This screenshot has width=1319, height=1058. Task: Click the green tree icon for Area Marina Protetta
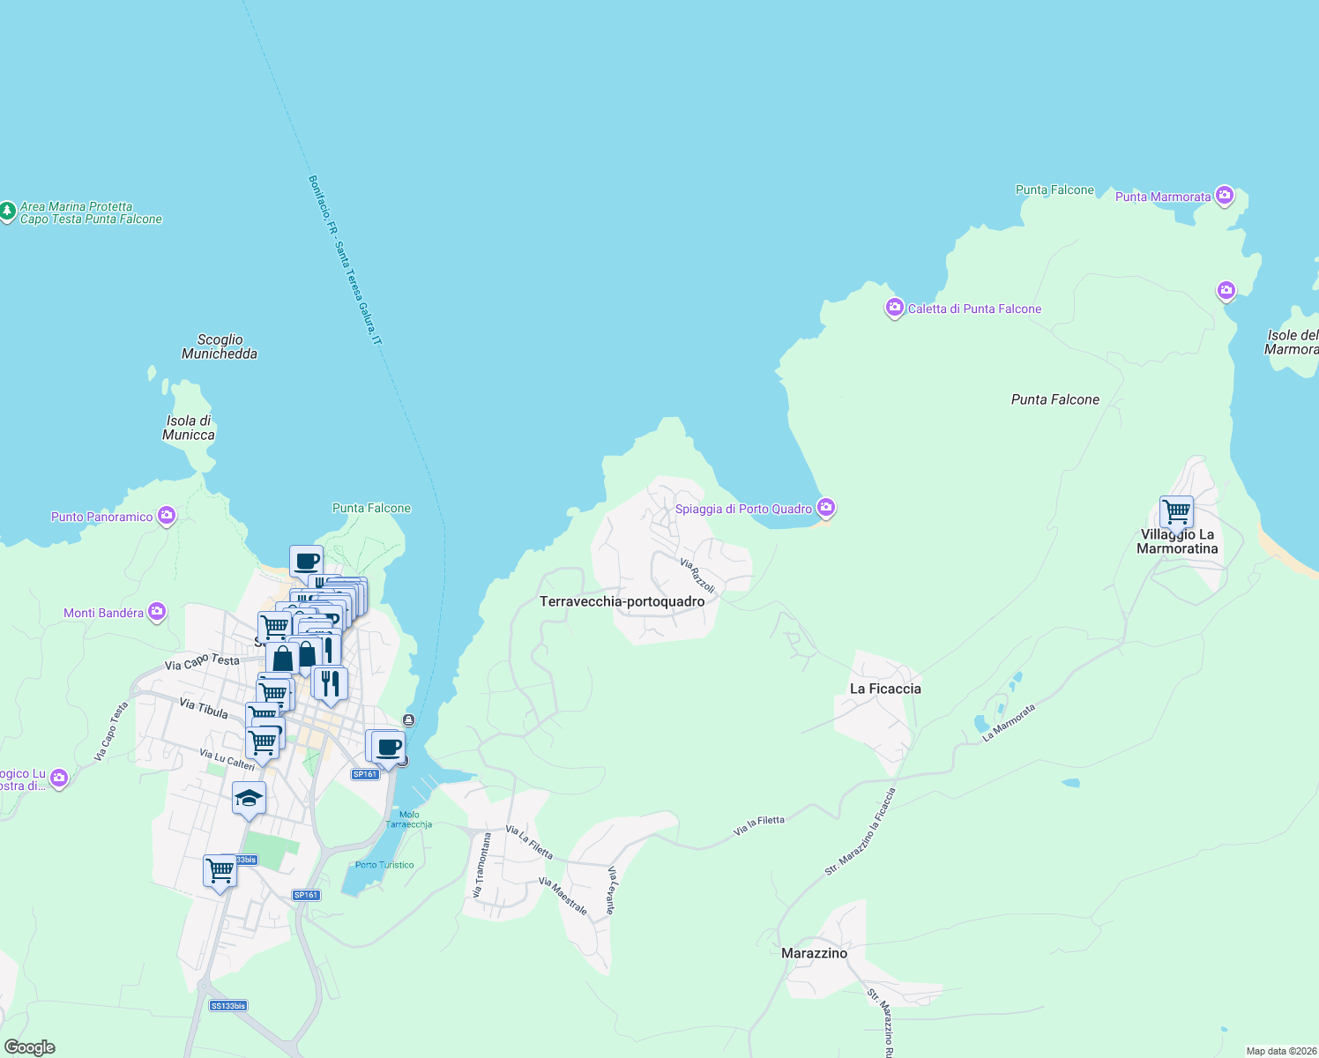(7, 212)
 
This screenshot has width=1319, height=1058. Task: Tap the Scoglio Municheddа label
(220, 346)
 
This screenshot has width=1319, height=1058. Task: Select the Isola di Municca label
(189, 428)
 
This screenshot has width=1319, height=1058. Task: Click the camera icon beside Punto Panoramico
(167, 516)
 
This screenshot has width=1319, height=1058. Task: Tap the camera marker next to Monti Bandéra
(157, 611)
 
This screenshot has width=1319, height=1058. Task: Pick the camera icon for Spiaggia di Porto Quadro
(826, 507)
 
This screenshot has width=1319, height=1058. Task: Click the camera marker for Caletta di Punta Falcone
(895, 308)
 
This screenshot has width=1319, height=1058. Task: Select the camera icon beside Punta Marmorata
(1224, 195)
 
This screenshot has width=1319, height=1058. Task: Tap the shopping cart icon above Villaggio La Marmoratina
(1176, 510)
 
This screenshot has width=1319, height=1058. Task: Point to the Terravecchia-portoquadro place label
(622, 601)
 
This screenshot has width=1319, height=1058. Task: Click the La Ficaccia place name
(885, 689)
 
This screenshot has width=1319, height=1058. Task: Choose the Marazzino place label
(814, 953)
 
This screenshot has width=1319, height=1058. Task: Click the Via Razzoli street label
(697, 575)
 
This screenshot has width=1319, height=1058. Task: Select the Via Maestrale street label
(563, 895)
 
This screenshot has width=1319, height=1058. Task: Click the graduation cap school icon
(249, 798)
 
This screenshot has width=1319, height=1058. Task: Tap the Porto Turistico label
(384, 865)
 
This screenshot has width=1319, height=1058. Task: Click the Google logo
(30, 1047)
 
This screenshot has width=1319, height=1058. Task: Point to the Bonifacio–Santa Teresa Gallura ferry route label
(345, 260)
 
